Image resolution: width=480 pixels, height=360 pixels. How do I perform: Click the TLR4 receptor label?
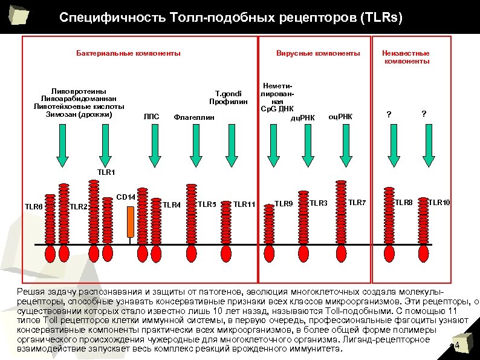pyautogui.click(x=172, y=205)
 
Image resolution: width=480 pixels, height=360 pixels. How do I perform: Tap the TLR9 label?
pyautogui.click(x=284, y=203)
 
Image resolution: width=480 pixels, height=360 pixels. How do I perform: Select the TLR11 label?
pyautogui.click(x=245, y=205)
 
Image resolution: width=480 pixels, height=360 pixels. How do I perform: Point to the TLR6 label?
pyautogui.click(x=33, y=207)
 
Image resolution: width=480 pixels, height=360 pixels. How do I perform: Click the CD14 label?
pyautogui.click(x=126, y=197)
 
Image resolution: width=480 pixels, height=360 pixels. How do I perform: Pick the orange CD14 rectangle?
pyautogui.click(x=130, y=221)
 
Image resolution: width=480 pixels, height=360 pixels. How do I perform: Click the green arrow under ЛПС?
pyautogui.click(x=154, y=146)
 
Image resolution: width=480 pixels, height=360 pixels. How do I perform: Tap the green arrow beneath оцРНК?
pyautogui.click(x=343, y=146)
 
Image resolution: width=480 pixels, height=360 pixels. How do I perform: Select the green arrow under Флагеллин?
pyautogui.click(x=192, y=146)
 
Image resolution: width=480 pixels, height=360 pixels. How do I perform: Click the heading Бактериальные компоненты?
pyautogui.click(x=128, y=54)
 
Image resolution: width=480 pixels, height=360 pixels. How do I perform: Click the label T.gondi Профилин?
pyautogui.click(x=229, y=97)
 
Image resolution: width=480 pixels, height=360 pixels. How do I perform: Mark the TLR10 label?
pyautogui.click(x=439, y=201)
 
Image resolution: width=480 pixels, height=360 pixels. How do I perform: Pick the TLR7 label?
pyautogui.click(x=357, y=201)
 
